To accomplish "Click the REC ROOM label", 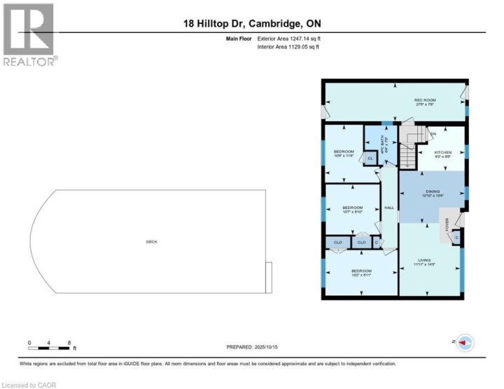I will [x=425, y=100].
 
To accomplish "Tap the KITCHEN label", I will [x=442, y=153].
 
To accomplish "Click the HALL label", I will [x=389, y=208].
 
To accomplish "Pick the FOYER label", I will [x=447, y=225].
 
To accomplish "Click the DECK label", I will [x=151, y=242].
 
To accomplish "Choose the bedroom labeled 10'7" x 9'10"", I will [x=352, y=208].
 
